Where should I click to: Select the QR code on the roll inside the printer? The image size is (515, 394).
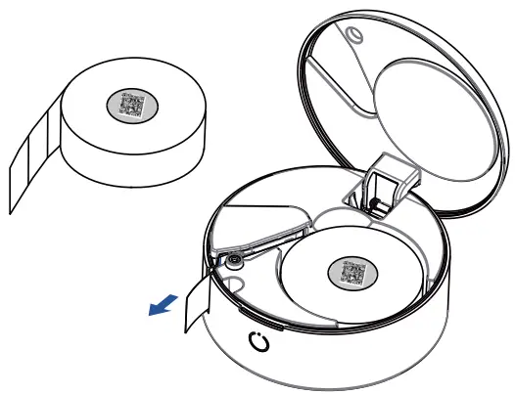click(x=350, y=271)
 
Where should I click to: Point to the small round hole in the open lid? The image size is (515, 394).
click(x=354, y=35)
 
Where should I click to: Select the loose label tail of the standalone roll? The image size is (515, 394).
click(x=29, y=161)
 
